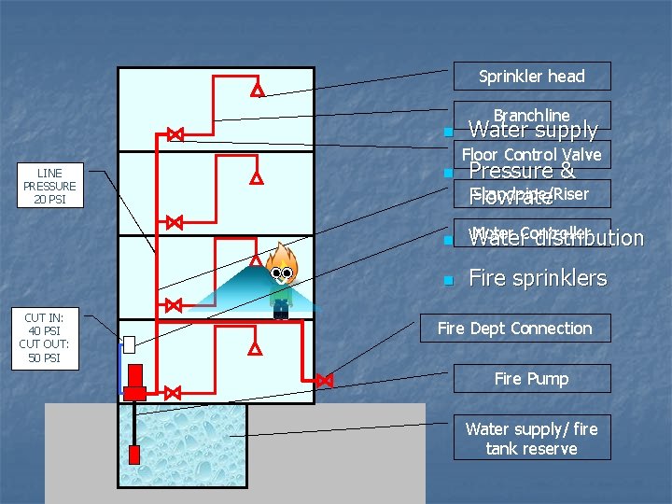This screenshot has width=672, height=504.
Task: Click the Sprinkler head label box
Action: (x=531, y=76)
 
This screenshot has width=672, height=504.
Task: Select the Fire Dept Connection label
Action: (x=514, y=328)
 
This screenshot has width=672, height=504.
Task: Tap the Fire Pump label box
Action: (x=531, y=378)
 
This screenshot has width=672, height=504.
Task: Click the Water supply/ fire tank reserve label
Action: (x=531, y=438)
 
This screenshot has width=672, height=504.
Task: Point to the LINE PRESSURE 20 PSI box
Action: (x=49, y=187)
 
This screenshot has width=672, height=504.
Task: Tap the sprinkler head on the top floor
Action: (x=257, y=91)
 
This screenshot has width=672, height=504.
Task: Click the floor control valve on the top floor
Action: (x=175, y=134)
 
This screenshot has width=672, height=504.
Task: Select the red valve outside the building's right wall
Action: (x=324, y=380)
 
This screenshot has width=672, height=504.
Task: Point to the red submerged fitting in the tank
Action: (x=134, y=455)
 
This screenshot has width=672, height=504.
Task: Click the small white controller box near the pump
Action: (x=130, y=344)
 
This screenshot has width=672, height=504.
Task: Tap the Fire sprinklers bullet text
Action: (x=537, y=278)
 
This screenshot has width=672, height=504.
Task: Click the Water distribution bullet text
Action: (x=555, y=239)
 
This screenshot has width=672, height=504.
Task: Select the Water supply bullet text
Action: (x=532, y=130)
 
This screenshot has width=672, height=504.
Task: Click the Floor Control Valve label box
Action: (x=531, y=154)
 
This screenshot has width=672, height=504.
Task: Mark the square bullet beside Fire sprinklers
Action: (x=448, y=280)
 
